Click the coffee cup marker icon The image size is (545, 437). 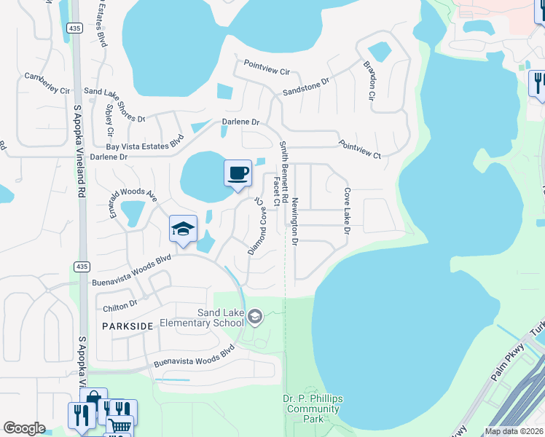(x=238, y=173)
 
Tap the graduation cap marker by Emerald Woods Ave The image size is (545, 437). (x=184, y=229)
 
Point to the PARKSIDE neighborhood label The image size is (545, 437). (x=128, y=326)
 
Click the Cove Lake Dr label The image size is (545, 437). (x=348, y=212)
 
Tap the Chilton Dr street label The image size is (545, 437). (x=120, y=303)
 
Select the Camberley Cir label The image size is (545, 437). (x=47, y=83)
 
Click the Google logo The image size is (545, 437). (x=23, y=428)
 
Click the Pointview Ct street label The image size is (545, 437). (x=360, y=149)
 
